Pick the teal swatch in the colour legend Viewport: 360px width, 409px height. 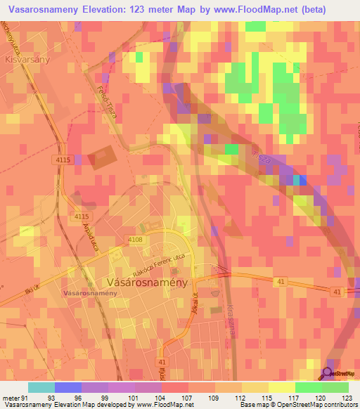[x=41, y=387]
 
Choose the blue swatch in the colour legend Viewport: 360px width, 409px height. [x=67, y=387]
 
